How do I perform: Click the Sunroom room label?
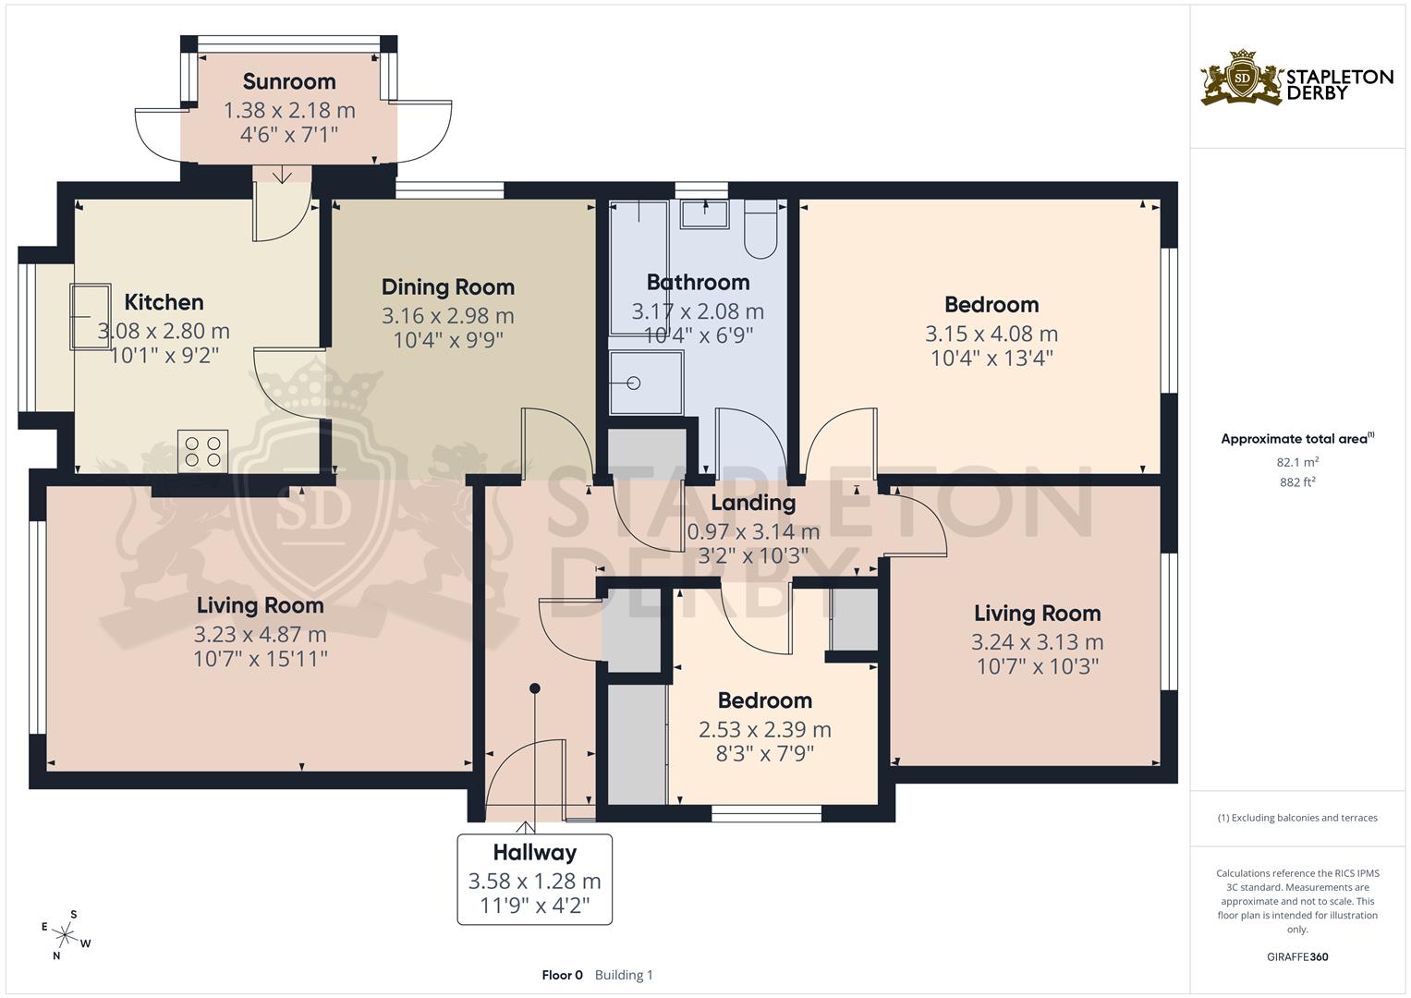[289, 81]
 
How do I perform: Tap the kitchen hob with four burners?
[203, 450]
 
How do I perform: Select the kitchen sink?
[90, 316]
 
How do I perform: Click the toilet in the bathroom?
[762, 231]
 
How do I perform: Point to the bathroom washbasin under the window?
[704, 214]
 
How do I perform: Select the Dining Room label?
[447, 286]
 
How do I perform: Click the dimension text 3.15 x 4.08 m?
[991, 334]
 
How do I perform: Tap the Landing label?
[753, 503]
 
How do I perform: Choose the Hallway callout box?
[534, 879]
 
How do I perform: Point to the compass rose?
[66, 935]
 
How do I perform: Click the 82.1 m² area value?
[1297, 462]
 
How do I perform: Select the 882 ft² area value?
[1297, 481]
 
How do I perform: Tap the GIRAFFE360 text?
[1297, 956]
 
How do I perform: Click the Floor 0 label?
[562, 975]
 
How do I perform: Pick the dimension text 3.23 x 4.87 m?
[260, 635]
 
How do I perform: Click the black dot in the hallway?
[534, 688]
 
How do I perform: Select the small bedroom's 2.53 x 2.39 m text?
[764, 729]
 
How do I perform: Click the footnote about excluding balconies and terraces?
[1297, 818]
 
